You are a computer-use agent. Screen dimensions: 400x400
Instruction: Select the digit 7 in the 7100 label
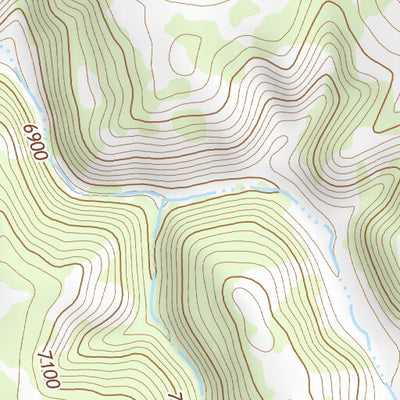pyautogui.click(x=43, y=352)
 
